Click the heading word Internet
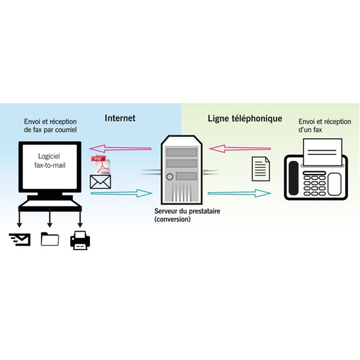[x=120, y=118]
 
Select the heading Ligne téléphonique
[x=245, y=118]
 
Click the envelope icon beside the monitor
[x=99, y=182]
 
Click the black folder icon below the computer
[x=50, y=239]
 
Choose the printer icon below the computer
[x=80, y=240]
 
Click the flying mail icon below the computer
[x=19, y=240]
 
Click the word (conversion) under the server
[x=172, y=220]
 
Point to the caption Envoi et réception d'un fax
[x=325, y=126]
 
